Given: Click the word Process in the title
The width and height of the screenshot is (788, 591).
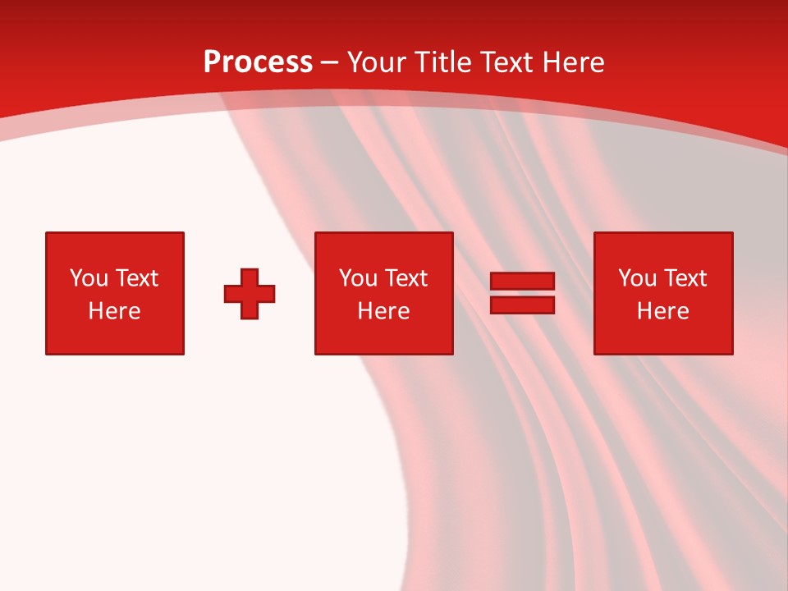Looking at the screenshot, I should click(258, 62).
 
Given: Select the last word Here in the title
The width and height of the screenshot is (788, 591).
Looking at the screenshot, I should click(574, 62).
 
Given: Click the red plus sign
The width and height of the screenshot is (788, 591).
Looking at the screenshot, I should click(250, 293).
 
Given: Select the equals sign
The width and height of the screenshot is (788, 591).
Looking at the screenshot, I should click(522, 293).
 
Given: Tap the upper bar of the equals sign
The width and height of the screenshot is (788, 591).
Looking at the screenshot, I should click(522, 282).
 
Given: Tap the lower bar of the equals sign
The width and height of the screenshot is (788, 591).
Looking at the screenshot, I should click(522, 305).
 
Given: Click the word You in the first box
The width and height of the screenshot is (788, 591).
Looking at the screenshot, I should click(89, 278).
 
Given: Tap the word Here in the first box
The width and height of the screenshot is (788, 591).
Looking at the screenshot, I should click(114, 311).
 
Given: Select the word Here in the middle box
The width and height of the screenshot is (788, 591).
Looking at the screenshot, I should click(383, 311).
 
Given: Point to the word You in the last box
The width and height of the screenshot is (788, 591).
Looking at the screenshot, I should click(637, 278).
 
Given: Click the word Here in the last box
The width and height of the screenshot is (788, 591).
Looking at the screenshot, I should click(662, 311).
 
